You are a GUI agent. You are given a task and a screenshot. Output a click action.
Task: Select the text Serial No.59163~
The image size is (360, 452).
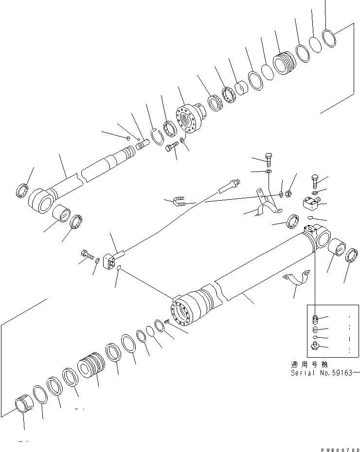coord(325,373)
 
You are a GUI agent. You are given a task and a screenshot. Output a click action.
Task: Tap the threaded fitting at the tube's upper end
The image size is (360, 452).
coord(228,187)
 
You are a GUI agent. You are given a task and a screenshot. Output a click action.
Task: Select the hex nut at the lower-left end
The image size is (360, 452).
coord(23,405)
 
